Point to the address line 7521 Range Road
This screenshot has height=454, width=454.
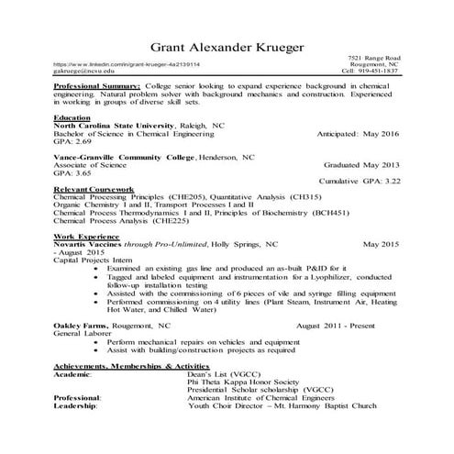[377, 57]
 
